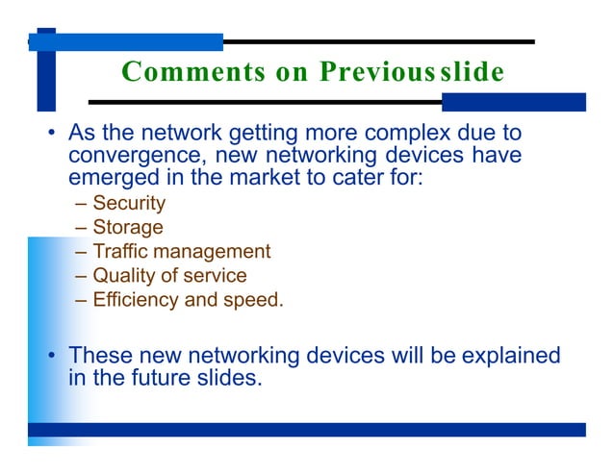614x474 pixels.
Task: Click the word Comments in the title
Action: [178, 72]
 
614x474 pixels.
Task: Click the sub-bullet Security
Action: [129, 203]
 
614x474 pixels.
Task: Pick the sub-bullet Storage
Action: [128, 227]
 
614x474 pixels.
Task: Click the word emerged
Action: [107, 176]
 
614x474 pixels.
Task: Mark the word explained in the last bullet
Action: [511, 356]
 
